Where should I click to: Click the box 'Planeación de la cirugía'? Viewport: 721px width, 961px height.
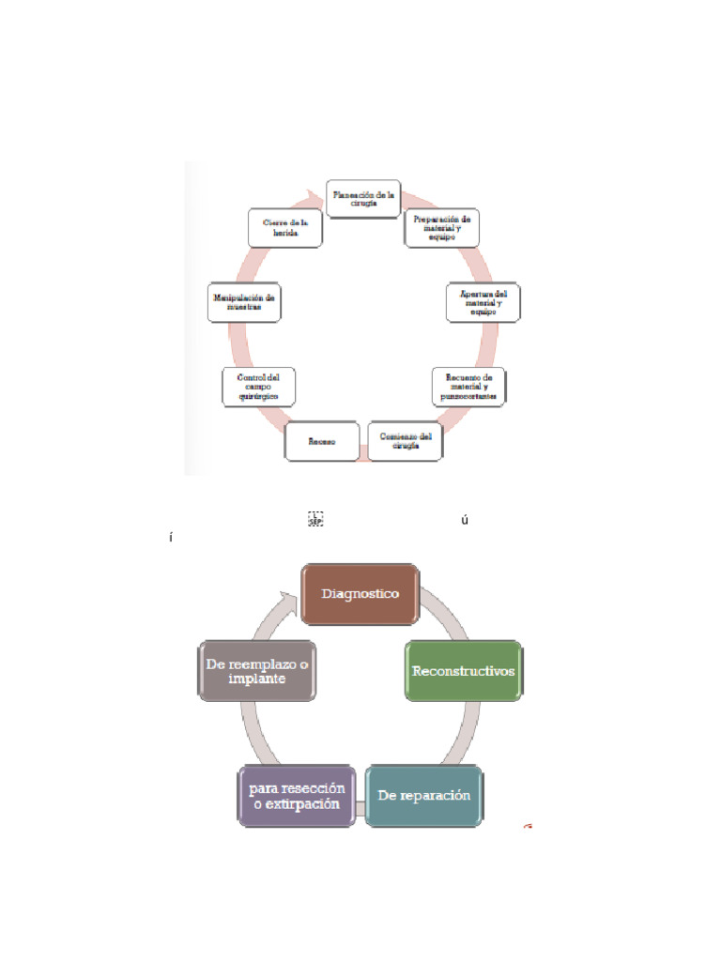pos(364,198)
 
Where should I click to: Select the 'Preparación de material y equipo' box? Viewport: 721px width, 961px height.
pos(441,228)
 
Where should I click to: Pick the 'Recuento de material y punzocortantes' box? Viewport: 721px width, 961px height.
pos(469,386)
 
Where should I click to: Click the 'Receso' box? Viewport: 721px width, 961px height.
pos(322,441)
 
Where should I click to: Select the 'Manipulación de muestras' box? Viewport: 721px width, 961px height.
pos(244,302)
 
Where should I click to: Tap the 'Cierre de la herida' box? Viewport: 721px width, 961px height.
pos(286,228)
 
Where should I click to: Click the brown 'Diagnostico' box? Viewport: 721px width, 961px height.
pos(360,594)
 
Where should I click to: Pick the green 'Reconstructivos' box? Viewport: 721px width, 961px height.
pos(464,670)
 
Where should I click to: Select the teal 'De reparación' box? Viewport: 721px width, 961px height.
pos(423,796)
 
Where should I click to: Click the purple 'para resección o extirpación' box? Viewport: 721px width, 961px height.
pos(296,797)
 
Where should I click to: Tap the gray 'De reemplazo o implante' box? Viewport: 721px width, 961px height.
pos(257,671)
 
